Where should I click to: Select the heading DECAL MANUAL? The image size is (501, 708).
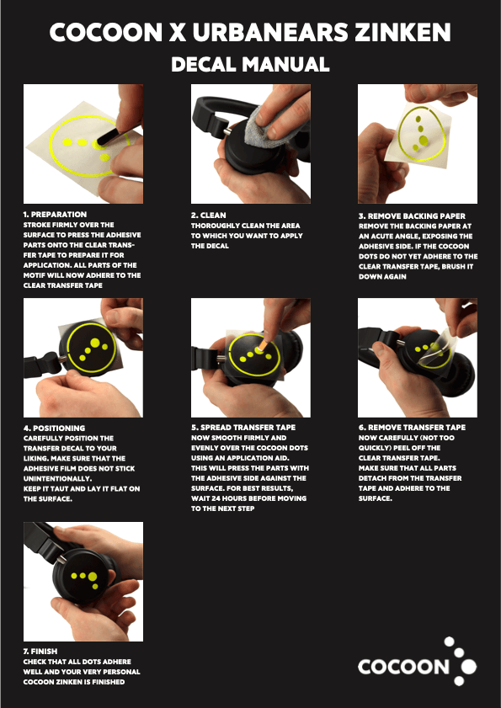click(250, 64)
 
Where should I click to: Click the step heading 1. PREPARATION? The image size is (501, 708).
click(55, 215)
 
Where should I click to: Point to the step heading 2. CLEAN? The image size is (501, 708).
click(208, 216)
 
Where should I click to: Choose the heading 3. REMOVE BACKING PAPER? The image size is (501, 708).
click(412, 216)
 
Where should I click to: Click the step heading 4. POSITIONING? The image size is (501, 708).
click(54, 428)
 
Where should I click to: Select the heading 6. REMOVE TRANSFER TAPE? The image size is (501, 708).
click(412, 427)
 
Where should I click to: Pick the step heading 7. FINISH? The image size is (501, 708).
click(40, 651)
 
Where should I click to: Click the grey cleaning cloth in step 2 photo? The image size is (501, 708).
click(264, 128)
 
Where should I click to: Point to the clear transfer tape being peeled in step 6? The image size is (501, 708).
click(437, 349)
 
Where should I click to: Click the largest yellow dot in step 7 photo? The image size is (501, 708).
click(93, 576)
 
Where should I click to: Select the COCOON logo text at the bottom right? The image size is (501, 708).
click(403, 666)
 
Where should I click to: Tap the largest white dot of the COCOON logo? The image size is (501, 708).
click(468, 666)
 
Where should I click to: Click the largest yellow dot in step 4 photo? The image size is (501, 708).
click(95, 343)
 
